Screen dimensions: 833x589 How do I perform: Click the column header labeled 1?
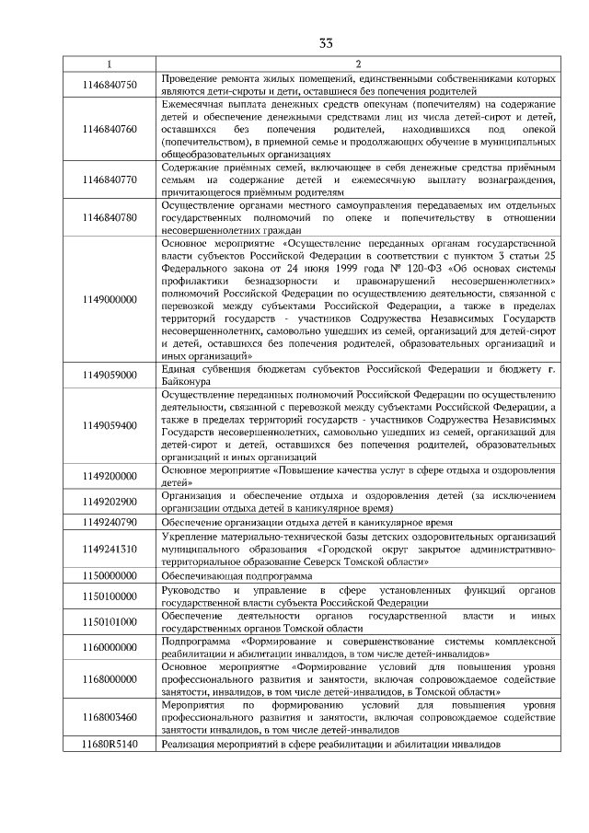coord(109,64)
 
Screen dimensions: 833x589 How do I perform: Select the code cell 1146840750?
coord(109,85)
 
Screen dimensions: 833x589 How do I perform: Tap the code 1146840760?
coord(109,129)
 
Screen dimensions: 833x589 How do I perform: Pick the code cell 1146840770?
coord(109,179)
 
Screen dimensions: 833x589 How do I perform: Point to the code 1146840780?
coord(109,217)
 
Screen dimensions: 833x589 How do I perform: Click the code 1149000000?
coord(109,299)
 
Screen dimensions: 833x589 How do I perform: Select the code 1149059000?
coord(109,375)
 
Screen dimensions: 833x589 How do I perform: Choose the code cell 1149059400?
coord(109,425)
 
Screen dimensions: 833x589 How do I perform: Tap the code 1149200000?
coord(109,476)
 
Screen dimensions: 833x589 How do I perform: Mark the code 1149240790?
coord(109,521)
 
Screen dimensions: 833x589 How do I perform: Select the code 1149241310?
coord(109,548)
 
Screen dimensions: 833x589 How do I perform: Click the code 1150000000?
coord(109,573)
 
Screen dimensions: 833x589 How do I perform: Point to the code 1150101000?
coord(109,620)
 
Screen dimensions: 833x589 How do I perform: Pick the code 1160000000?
coord(109,646)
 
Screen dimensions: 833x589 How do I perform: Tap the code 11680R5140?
coord(109,743)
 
